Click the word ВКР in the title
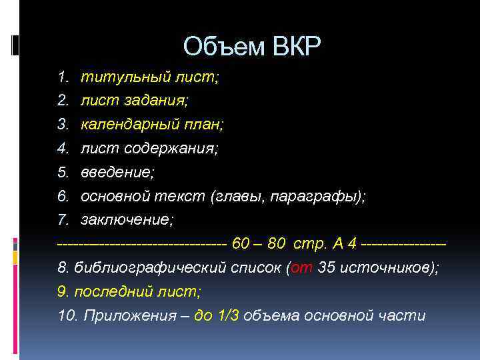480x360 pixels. click(x=296, y=47)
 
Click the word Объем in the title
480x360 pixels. click(x=223, y=47)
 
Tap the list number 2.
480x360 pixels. click(x=63, y=101)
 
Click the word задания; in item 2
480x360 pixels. click(x=162, y=101)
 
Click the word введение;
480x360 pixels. click(x=117, y=172)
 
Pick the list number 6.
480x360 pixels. click(x=63, y=196)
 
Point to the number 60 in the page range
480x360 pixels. click(x=241, y=244)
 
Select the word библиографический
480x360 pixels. click(x=143, y=268)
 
